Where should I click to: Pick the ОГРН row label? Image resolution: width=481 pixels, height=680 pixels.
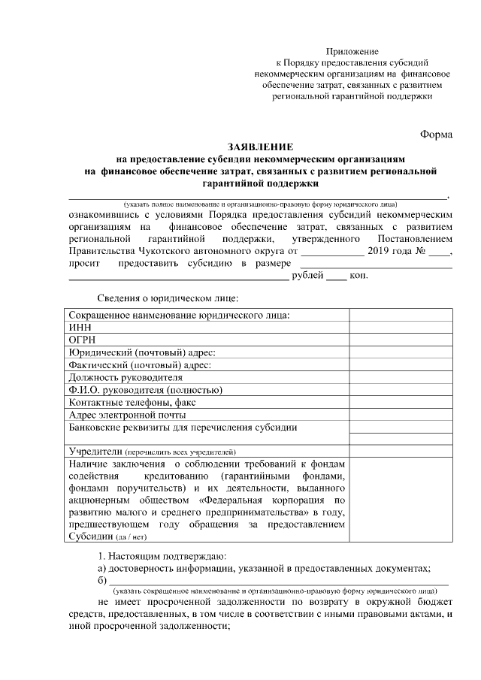(x=81, y=340)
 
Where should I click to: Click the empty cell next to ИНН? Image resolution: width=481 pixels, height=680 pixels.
(x=401, y=328)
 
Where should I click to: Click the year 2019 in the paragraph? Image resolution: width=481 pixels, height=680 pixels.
(x=381, y=252)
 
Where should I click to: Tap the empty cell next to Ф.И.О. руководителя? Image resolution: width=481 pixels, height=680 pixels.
(x=401, y=389)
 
